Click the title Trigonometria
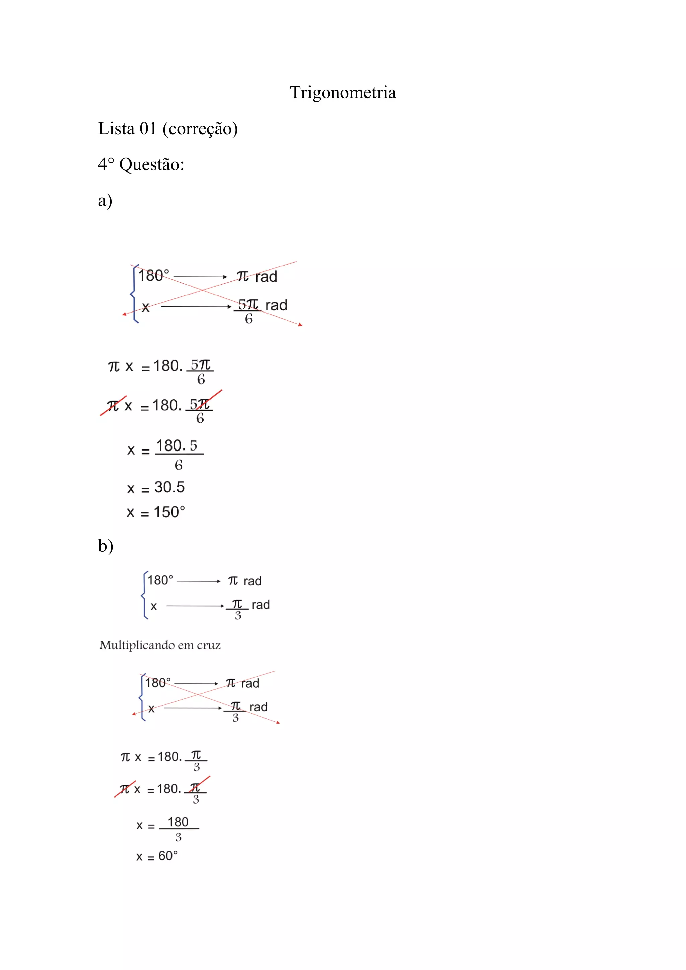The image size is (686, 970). click(x=343, y=92)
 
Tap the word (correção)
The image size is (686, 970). click(x=200, y=129)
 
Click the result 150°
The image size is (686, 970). click(x=169, y=512)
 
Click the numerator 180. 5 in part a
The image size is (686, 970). click(x=177, y=446)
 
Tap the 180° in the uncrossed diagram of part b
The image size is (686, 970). click(x=160, y=580)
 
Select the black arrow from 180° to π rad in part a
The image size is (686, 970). click(x=200, y=277)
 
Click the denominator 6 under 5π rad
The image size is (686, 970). click(x=249, y=319)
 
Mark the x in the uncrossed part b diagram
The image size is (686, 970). click(x=154, y=607)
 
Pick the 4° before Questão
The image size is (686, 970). click(x=106, y=164)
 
